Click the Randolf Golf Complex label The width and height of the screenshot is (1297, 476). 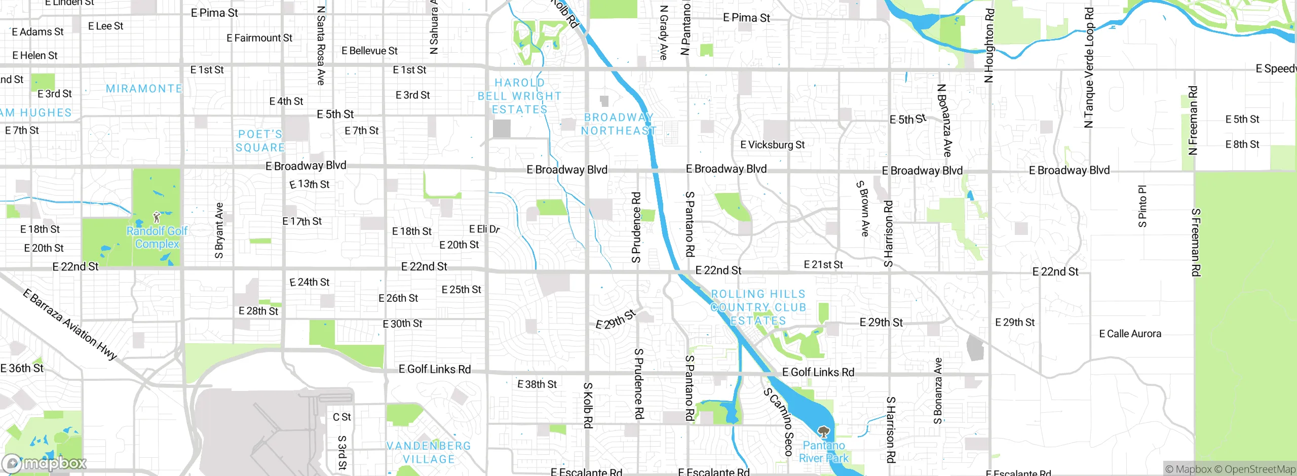click(x=157, y=237)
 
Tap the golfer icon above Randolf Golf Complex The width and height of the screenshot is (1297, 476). click(x=157, y=218)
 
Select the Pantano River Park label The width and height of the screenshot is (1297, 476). click(x=824, y=452)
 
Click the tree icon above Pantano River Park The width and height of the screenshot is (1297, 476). click(x=824, y=432)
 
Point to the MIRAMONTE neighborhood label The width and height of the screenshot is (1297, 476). click(x=144, y=89)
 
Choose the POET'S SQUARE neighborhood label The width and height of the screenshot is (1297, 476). click(x=260, y=141)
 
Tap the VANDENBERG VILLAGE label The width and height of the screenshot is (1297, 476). click(x=429, y=453)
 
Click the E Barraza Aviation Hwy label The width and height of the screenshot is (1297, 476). click(x=70, y=324)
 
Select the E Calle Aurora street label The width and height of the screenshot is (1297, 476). click(x=1130, y=334)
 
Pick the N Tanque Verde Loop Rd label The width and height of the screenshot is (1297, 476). click(x=1089, y=67)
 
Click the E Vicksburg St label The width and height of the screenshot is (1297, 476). click(x=772, y=145)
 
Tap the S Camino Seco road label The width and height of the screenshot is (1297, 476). click(x=779, y=421)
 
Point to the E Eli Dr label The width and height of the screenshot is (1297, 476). click(x=484, y=229)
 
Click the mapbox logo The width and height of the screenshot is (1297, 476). click(x=45, y=463)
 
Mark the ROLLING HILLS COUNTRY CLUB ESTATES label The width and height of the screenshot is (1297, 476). click(x=758, y=307)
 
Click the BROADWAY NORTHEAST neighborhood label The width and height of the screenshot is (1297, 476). click(x=618, y=124)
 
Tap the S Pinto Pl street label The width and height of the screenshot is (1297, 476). click(x=1142, y=206)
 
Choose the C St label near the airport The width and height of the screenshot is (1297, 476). click(x=341, y=417)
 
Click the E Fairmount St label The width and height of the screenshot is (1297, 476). click(x=259, y=38)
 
